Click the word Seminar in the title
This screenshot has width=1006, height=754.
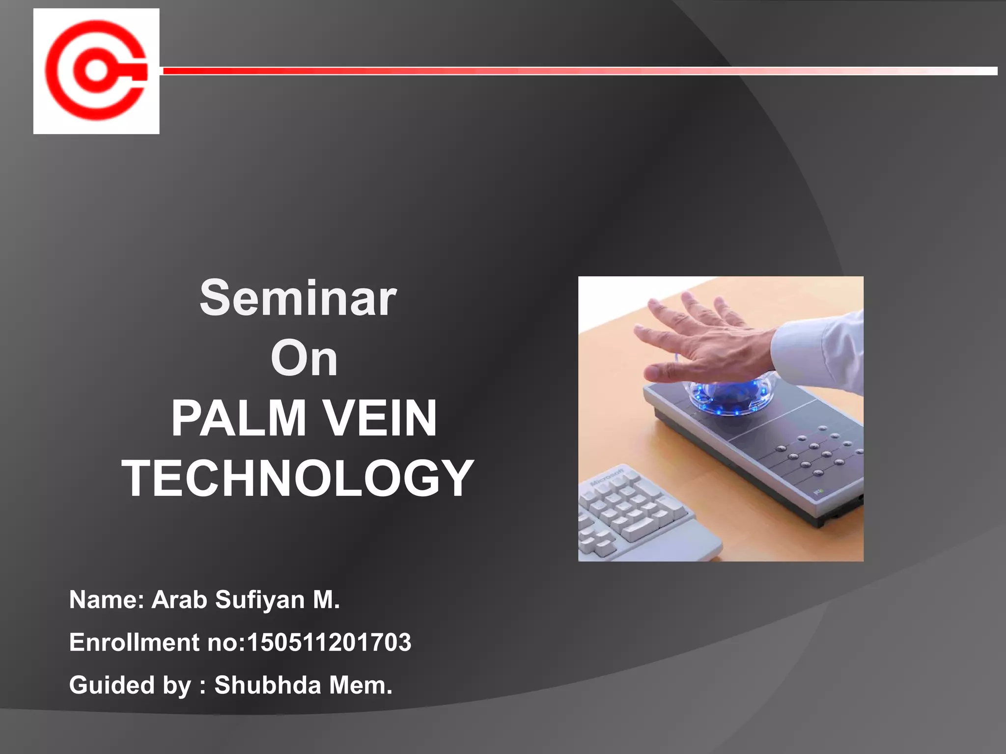click(298, 298)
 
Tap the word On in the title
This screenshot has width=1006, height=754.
click(304, 359)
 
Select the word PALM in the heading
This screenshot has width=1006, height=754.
click(238, 419)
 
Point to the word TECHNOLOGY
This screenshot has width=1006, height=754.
click(298, 479)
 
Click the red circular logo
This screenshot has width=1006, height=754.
click(96, 71)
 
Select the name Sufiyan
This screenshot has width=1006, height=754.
click(260, 600)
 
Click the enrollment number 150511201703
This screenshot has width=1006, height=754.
click(329, 643)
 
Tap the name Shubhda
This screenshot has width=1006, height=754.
click(268, 685)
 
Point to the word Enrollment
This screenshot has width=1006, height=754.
click(134, 643)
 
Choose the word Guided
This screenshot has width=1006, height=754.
click(112, 685)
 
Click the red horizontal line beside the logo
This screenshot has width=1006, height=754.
click(540, 71)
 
